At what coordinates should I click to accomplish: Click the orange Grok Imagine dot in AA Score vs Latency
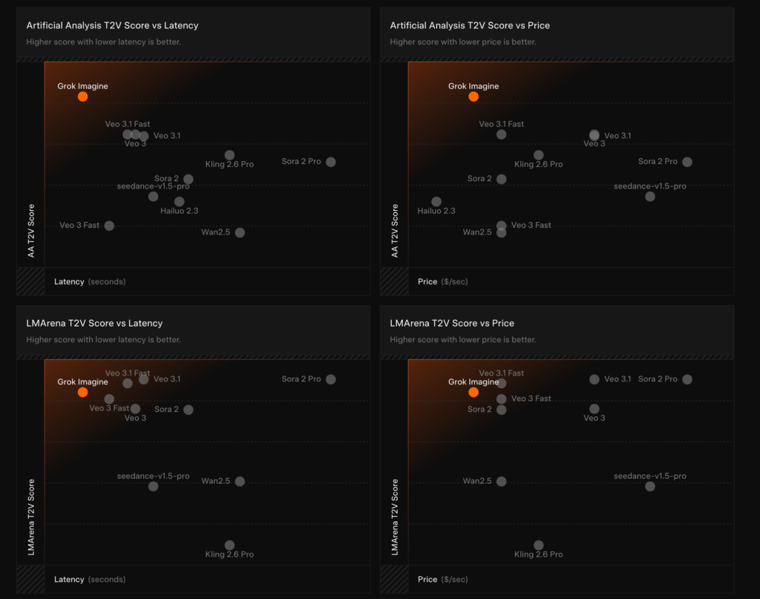[x=82, y=96]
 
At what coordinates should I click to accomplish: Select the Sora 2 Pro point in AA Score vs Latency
[x=331, y=162]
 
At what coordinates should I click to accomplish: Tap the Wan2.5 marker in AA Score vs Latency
[x=240, y=232]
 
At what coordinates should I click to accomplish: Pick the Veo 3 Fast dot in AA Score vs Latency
[x=109, y=226]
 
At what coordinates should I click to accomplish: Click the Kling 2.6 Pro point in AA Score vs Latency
[x=229, y=155]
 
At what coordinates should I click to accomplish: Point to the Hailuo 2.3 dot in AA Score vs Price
[x=436, y=202]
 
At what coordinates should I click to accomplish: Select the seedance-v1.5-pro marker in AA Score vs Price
[x=650, y=197]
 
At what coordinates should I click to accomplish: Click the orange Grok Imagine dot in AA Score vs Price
[x=474, y=96]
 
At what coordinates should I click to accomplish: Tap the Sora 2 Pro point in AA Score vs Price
[x=687, y=162]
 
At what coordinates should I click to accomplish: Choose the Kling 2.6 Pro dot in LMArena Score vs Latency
[x=229, y=546]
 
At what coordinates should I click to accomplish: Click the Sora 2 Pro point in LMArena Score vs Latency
[x=331, y=379]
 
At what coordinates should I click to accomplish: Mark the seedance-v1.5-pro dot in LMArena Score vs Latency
[x=153, y=487]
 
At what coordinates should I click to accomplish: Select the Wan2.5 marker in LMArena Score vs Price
[x=502, y=481]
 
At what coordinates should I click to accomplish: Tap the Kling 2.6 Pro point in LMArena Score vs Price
[x=539, y=546]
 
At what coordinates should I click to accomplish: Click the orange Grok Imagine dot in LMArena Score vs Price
[x=474, y=392]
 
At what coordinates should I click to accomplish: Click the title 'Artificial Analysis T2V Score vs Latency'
[x=112, y=25]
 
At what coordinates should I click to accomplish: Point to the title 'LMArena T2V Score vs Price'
[x=452, y=323]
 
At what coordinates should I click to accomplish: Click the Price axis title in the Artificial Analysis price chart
[x=427, y=282]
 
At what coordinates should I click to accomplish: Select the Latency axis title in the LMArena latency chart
[x=69, y=579]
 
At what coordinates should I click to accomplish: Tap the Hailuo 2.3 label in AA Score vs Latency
[x=179, y=212]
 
